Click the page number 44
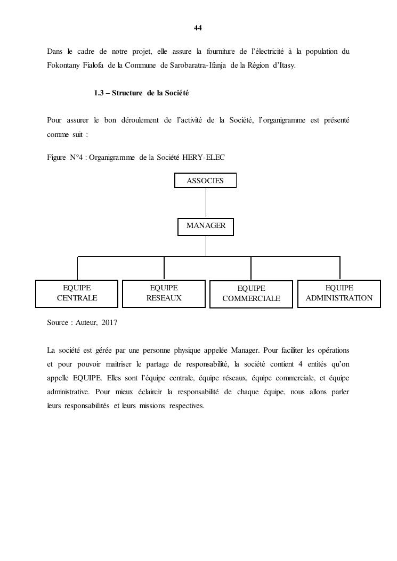pos(198,28)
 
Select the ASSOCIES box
pos(205,181)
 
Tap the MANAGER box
pos(206,226)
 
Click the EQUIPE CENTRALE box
pos(77,294)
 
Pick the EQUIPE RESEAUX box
pos(164,294)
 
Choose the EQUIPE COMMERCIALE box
pos(251,294)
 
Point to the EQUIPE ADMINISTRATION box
pos(339,294)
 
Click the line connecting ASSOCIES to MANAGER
pos(206,203)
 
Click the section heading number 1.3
pos(99,93)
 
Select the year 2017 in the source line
pos(109,323)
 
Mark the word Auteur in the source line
pos(84,323)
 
